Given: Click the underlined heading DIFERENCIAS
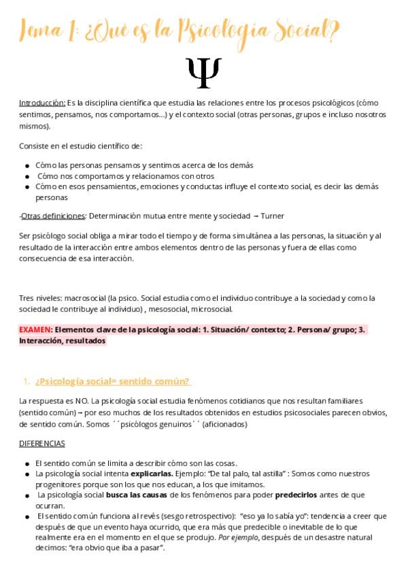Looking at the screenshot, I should click(42, 444).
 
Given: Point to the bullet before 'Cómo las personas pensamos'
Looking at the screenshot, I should click(27, 165).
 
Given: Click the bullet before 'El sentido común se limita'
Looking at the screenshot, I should click(27, 463).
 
